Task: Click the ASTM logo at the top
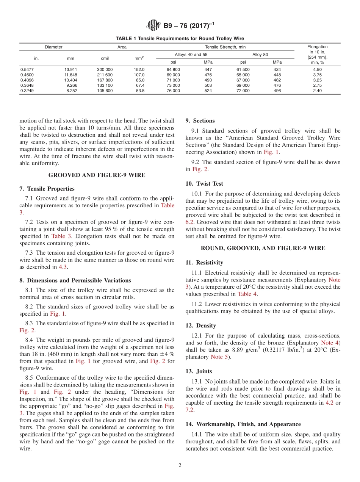[153, 26]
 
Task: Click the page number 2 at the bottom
[180, 465]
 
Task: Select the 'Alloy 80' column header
[260, 55]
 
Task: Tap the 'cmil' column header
[105, 59]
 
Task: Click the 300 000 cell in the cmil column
[105, 70]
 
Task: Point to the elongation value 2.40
[317, 91]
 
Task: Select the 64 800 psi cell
[173, 70]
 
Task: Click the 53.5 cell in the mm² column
[140, 91]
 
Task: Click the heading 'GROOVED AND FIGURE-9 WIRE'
[97, 175]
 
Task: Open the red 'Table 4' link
[246, 294]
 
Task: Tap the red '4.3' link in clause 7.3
[63, 267]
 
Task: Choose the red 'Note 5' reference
[217, 357]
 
